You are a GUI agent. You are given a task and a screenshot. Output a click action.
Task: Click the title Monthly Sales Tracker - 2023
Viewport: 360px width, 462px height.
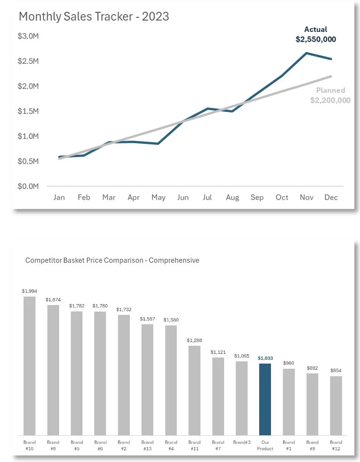[94, 17]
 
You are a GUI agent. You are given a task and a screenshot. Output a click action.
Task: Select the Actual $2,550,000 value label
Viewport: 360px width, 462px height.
[315, 35]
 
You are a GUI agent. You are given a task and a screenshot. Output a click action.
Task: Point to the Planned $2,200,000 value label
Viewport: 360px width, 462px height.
[330, 95]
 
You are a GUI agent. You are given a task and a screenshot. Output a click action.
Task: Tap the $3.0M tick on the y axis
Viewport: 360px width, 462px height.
[29, 36]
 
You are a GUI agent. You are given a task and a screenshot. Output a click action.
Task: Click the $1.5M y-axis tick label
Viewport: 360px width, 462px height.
[29, 111]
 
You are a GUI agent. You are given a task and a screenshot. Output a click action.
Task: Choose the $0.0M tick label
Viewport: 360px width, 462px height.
[29, 186]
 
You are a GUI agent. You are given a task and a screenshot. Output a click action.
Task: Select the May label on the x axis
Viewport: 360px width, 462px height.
[158, 197]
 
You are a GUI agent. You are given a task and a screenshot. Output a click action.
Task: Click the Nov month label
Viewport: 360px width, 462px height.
[307, 197]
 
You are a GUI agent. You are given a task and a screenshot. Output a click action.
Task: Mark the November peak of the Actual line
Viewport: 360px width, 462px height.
[307, 53]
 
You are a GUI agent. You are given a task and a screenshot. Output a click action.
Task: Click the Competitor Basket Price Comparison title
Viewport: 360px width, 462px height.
[112, 260]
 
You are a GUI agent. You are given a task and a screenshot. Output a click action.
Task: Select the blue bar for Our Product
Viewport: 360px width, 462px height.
[265, 399]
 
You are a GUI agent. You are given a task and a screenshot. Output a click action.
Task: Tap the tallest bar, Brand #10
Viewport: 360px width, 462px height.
[30, 365]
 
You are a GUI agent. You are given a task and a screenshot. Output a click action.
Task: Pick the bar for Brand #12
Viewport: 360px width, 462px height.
[336, 405]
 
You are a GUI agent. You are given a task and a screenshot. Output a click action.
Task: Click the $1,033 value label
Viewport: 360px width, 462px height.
[265, 358]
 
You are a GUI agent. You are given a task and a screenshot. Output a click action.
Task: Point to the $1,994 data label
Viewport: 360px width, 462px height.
[30, 291]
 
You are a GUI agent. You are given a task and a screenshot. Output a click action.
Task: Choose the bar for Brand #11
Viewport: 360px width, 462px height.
[194, 390]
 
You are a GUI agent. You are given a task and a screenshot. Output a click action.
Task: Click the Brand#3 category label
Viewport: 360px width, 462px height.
[241, 442]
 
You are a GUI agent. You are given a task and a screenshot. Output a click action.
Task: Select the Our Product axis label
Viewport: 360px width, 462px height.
[265, 445]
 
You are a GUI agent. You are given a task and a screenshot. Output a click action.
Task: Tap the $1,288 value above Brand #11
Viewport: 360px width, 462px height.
[194, 340]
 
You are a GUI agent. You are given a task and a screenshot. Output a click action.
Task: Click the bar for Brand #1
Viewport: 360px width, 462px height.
[289, 402]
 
